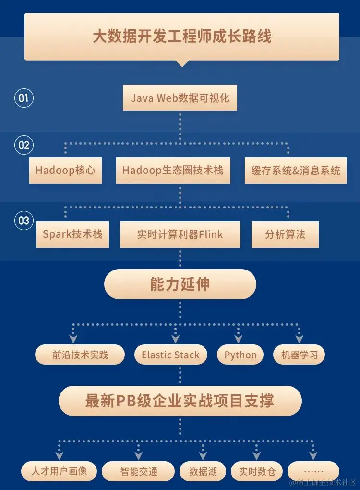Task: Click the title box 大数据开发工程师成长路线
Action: click(181, 37)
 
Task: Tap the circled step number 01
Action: click(24, 98)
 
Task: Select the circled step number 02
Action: click(24, 145)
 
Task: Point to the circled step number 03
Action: click(24, 221)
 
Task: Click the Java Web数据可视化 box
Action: click(180, 98)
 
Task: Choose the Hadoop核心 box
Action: click(65, 170)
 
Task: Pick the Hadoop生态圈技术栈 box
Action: click(173, 170)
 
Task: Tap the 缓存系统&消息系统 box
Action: click(295, 170)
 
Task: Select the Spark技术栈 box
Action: click(72, 234)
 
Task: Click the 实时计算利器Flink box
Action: click(180, 234)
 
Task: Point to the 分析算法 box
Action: click(285, 234)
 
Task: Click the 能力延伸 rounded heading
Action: click(180, 284)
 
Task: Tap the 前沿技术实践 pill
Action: click(80, 355)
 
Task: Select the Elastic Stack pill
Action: click(170, 355)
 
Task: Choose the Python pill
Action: click(240, 355)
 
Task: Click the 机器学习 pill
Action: click(299, 355)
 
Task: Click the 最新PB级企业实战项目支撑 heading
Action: click(180, 401)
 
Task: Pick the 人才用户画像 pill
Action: click(59, 471)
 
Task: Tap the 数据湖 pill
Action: click(203, 471)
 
